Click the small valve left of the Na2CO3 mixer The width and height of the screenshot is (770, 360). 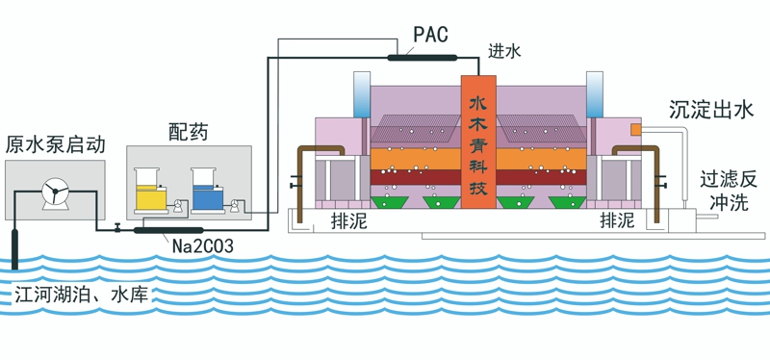pyautogui.click(x=117, y=229)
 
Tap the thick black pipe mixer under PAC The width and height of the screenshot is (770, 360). pyautogui.click(x=421, y=57)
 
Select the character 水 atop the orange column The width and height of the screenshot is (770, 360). pyautogui.click(x=477, y=101)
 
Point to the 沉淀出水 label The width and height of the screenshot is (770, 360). pyautogui.click(x=710, y=111)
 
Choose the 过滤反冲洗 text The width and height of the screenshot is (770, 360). pyautogui.click(x=729, y=190)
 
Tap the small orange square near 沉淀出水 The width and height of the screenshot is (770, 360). pyautogui.click(x=635, y=129)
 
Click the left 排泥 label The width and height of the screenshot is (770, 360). pyautogui.click(x=346, y=220)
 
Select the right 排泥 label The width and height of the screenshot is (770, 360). pyautogui.click(x=616, y=220)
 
